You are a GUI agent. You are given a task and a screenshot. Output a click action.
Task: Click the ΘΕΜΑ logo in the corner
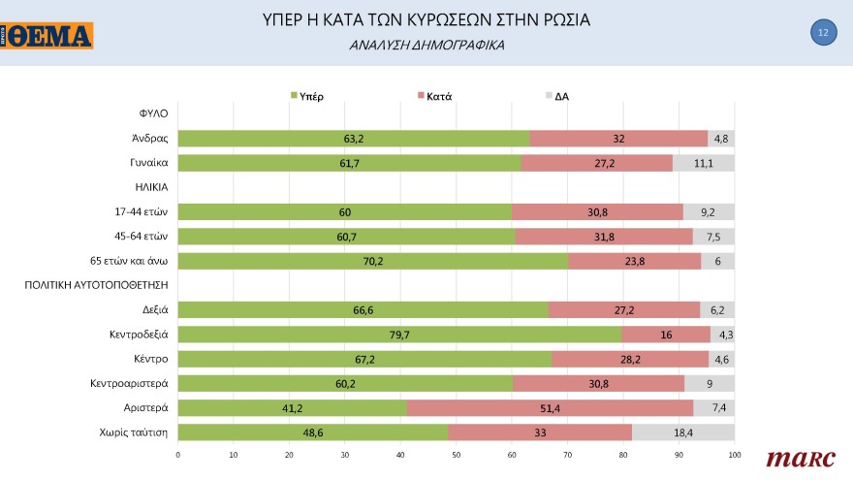tap(47, 35)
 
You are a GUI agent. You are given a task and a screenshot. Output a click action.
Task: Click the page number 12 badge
tap(822, 33)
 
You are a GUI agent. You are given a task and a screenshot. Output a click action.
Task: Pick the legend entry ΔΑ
tap(561, 96)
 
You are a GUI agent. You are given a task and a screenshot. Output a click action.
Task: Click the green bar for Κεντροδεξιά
tap(399, 335)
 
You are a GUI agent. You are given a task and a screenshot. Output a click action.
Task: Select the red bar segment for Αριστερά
tap(550, 407)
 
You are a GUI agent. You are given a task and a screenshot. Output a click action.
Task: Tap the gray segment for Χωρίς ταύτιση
tap(683, 432)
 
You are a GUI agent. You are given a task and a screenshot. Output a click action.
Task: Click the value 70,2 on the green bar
tap(373, 260)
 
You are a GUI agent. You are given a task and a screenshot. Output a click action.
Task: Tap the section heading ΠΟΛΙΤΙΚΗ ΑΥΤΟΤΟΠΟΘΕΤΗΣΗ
tap(97, 285)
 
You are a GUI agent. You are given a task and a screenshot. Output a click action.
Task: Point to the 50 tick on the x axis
tap(457, 454)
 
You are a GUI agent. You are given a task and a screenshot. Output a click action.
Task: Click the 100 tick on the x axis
tap(734, 454)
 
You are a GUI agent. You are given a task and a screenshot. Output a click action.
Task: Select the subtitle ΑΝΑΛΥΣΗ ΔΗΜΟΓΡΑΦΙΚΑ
tap(426, 46)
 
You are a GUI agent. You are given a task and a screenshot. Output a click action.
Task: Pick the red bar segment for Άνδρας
tap(618, 139)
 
